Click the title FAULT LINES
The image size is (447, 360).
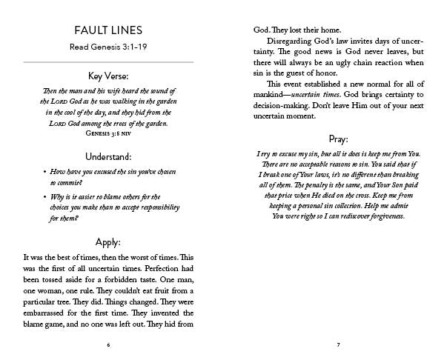[109, 30]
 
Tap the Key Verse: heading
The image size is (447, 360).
[109, 76]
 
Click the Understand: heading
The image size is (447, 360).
[109, 157]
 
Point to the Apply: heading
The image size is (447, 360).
[109, 241]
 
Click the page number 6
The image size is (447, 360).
[109, 344]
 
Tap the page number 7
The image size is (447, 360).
[338, 344]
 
